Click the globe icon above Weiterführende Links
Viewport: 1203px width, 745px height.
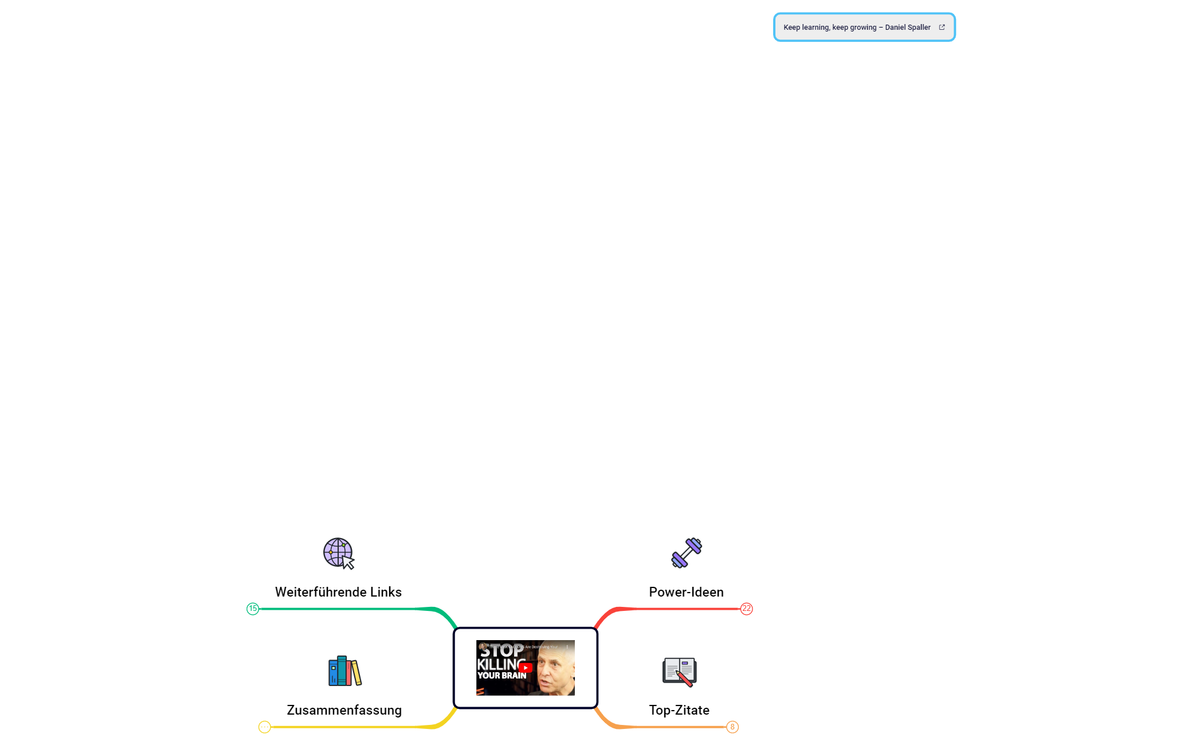338,553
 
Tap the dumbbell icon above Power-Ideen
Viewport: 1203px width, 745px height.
686,553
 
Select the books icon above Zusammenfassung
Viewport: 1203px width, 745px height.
344,671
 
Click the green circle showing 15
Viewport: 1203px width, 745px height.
253,609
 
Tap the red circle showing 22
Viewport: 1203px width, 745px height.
746,609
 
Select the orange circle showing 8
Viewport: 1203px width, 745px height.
732,727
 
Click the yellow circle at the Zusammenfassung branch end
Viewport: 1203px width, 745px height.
264,727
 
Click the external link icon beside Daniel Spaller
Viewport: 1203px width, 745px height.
942,27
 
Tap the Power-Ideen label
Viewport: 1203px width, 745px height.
686,592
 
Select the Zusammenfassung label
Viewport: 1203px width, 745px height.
344,710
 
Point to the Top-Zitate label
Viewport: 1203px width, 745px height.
679,710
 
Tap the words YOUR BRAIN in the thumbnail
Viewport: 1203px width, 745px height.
501,676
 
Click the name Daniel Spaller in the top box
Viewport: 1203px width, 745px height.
908,28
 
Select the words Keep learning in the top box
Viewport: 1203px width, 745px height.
806,28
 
